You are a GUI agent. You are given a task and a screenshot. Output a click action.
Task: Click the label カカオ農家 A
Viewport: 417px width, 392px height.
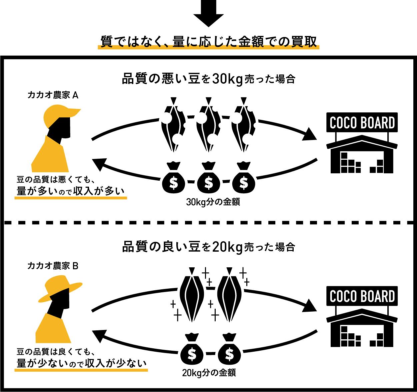(x=53, y=95)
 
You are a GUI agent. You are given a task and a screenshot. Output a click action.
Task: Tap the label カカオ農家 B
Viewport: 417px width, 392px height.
(x=53, y=266)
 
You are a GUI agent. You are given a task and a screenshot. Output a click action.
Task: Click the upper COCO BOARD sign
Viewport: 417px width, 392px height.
(x=362, y=123)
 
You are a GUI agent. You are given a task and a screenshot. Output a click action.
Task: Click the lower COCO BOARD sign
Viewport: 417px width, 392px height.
(x=362, y=296)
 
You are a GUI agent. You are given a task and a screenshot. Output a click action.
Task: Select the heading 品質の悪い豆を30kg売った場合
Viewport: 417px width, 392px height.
(x=209, y=80)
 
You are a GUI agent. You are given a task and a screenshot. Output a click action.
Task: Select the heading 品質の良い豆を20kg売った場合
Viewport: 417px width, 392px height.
(x=209, y=247)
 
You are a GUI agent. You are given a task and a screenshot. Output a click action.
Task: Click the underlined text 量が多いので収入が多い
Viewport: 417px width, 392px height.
(x=71, y=191)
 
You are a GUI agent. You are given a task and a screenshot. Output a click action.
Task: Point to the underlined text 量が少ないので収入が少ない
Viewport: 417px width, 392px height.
(x=82, y=362)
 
